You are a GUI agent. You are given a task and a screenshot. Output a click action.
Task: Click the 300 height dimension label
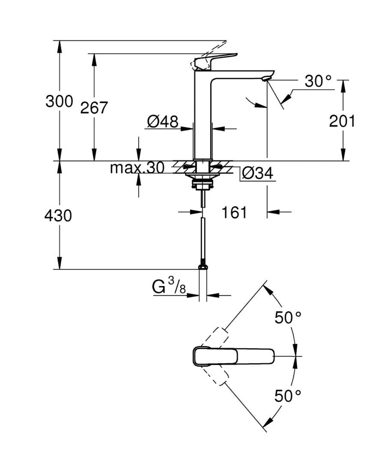click(x=59, y=101)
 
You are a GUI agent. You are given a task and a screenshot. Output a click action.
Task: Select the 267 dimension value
click(x=94, y=108)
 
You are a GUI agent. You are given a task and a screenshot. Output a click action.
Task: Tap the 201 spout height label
click(x=342, y=121)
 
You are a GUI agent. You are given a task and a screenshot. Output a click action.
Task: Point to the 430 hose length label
click(x=58, y=215)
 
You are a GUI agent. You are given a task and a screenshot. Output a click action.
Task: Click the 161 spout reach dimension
click(x=234, y=212)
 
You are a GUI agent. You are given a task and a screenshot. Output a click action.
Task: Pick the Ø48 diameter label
click(x=163, y=122)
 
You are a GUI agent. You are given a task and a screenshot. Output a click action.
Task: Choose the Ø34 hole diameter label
click(x=258, y=173)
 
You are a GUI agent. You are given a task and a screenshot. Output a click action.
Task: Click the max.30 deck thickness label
click(x=137, y=168)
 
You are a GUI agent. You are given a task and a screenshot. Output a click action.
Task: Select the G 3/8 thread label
click(x=169, y=286)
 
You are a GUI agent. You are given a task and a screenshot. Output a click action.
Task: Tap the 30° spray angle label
click(x=318, y=81)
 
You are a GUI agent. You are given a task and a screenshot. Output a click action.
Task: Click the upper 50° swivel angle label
click(x=288, y=318)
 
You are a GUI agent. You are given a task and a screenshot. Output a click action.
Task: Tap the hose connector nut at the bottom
click(x=202, y=267)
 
